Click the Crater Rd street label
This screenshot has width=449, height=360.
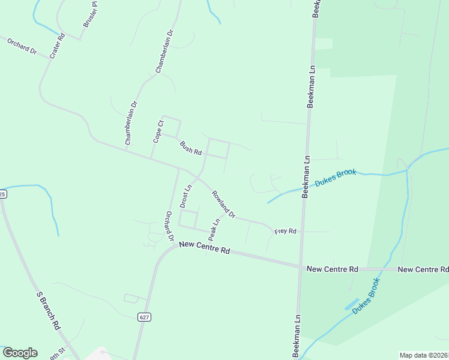click(57, 46)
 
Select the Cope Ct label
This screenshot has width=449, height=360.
click(158, 131)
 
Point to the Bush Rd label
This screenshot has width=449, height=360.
click(190, 148)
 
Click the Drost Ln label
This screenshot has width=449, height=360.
click(186, 196)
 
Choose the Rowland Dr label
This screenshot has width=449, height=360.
click(223, 204)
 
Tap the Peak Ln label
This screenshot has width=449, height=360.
click(214, 228)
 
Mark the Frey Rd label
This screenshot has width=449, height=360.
click(285, 231)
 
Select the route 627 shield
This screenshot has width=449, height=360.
click(143, 317)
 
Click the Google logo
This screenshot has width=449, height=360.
click(20, 353)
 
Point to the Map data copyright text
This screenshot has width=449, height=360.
click(424, 355)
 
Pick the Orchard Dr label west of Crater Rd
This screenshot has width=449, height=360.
click(22, 46)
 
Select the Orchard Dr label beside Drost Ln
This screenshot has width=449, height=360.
click(169, 226)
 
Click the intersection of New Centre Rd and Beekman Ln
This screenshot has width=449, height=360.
click(301, 268)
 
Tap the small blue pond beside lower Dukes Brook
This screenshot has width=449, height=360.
click(352, 304)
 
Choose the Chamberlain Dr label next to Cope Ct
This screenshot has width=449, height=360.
click(131, 122)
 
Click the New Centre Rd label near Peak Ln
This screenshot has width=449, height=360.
click(205, 247)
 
